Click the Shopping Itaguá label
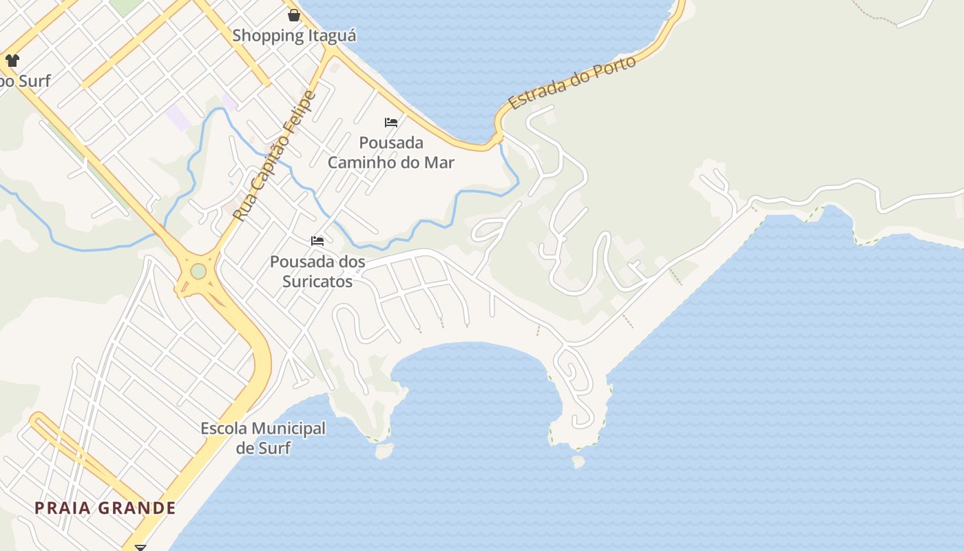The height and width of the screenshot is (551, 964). tap(294, 35)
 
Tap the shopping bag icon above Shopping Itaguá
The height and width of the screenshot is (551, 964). tap(294, 14)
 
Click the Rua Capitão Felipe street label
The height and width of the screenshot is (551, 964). tap(273, 156)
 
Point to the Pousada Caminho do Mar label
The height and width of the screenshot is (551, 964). tap(391, 153)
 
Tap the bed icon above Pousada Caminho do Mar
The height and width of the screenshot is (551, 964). tap(391, 123)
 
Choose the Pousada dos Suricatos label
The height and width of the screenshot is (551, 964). tap(317, 272)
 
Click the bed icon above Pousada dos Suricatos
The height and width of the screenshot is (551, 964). tap(317, 241)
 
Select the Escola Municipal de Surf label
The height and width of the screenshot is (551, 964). tap(263, 438)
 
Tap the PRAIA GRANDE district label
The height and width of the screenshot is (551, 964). tap(105, 508)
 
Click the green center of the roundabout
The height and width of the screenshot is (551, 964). tap(198, 271)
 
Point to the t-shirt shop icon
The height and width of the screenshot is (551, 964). tap(12, 60)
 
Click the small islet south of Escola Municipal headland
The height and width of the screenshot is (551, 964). tap(384, 450)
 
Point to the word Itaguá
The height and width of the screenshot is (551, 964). tap(331, 35)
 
